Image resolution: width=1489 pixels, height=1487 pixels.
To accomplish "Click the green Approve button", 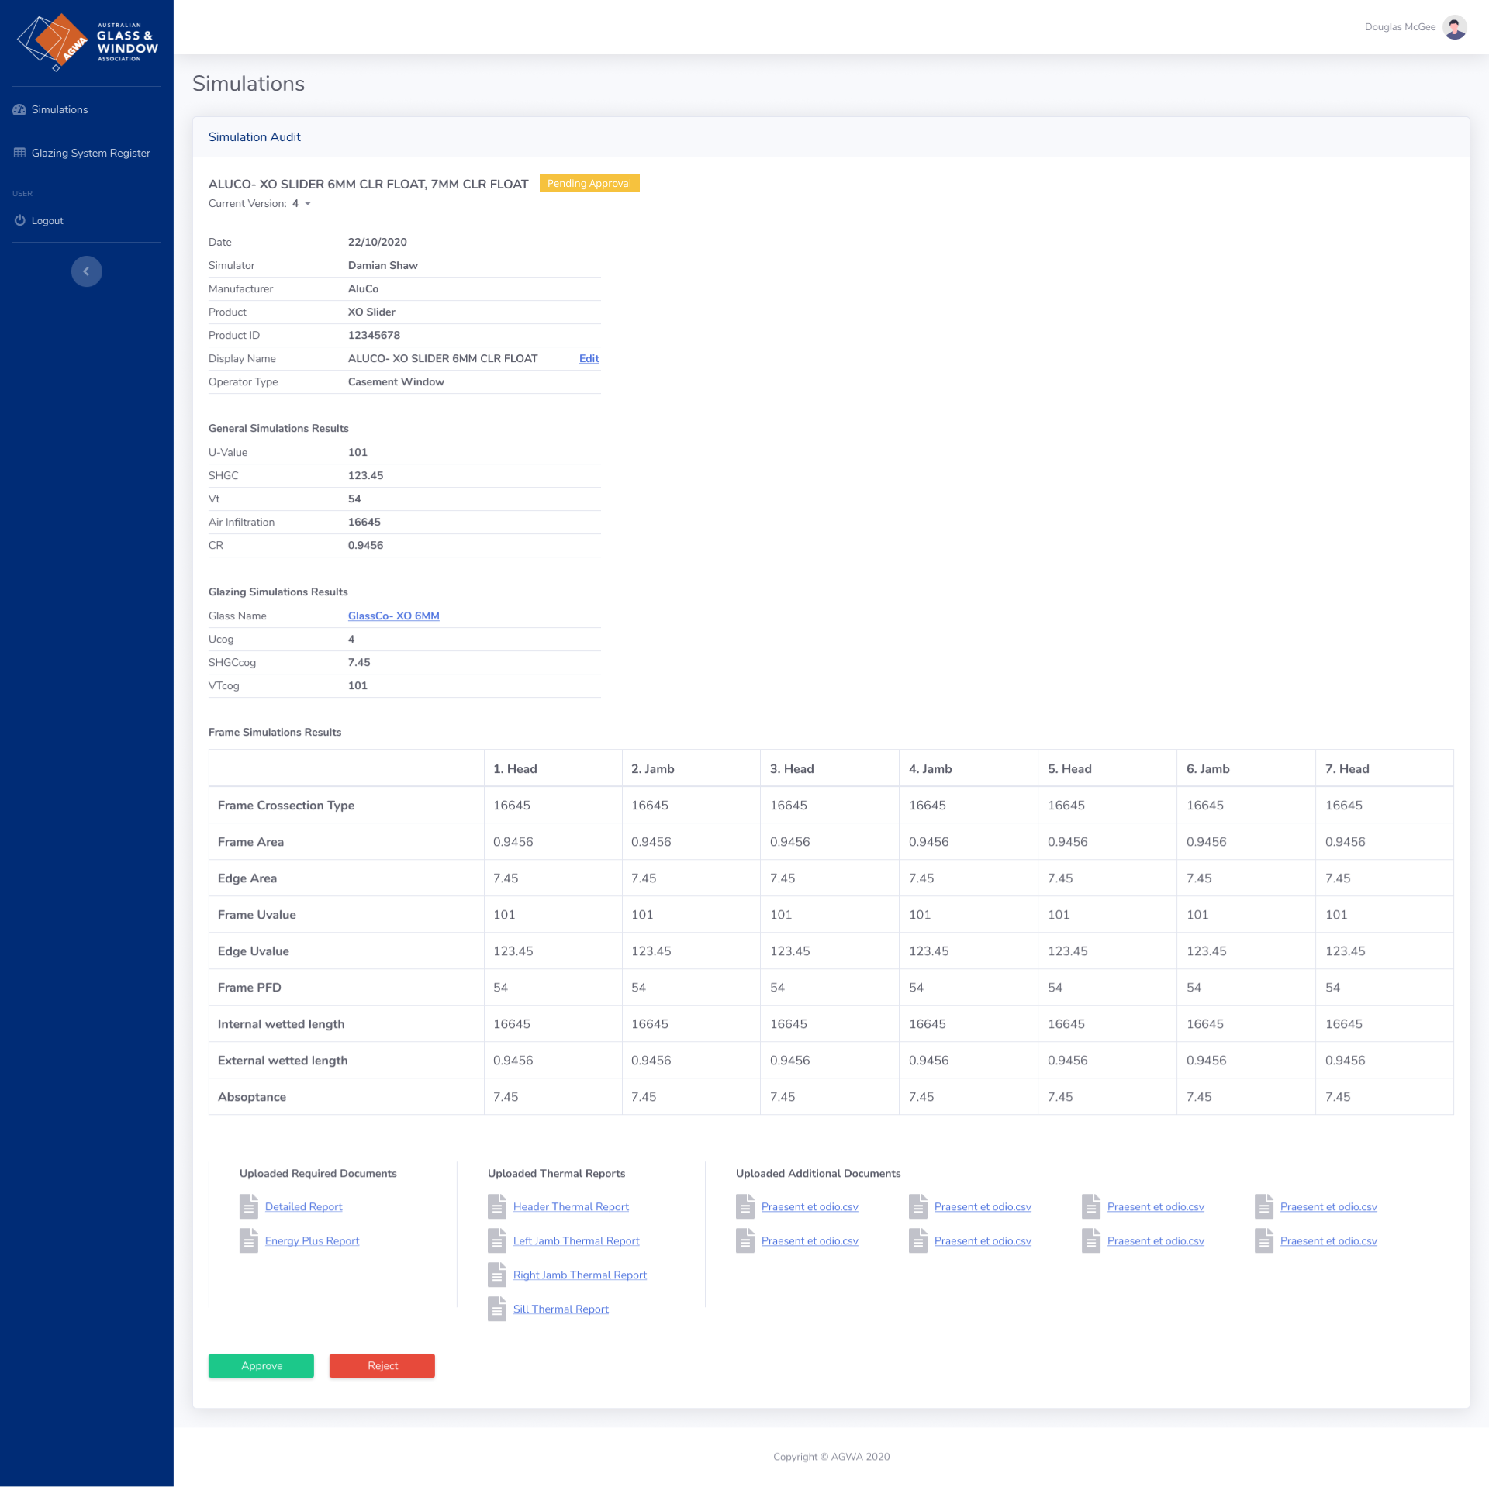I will (x=261, y=1365).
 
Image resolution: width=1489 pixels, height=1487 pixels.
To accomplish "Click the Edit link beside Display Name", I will (x=589, y=358).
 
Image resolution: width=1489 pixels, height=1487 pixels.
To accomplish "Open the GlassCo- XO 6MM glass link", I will (x=393, y=616).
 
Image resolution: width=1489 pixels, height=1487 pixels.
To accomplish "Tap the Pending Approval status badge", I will (x=589, y=183).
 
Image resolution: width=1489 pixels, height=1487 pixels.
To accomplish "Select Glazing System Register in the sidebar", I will (x=91, y=153).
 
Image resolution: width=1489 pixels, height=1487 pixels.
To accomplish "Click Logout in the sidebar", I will (x=47, y=220).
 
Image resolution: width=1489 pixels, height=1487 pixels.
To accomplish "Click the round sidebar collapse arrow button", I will (x=87, y=271).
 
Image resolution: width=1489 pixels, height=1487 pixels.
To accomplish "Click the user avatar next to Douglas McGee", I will (x=1455, y=27).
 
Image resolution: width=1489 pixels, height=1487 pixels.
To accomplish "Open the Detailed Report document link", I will (x=303, y=1206).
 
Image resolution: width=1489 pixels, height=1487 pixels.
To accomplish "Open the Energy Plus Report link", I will (x=312, y=1240).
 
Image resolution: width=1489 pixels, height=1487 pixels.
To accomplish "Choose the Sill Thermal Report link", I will (x=561, y=1309).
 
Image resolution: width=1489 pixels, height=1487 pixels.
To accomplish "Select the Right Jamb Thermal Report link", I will (x=579, y=1275).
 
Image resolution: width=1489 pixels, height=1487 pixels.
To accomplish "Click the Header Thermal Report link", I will (x=571, y=1206).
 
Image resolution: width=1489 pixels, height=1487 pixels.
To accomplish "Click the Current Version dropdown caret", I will (x=308, y=203).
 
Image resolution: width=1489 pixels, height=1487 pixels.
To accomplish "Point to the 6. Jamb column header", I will (x=1207, y=768).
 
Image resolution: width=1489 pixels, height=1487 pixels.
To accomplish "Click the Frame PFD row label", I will (x=250, y=987).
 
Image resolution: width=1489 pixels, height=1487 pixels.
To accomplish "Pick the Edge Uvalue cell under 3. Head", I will (x=789, y=951).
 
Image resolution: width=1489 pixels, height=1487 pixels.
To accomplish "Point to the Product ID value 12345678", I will (x=374, y=335).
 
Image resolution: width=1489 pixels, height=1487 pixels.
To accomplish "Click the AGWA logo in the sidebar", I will (x=87, y=42).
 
